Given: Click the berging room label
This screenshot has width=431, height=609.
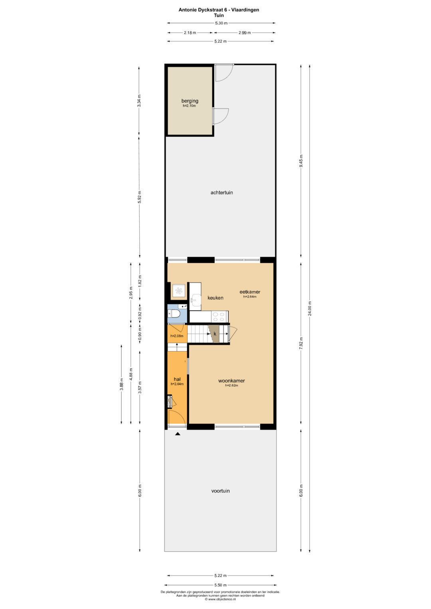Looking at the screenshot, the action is pos(190,101).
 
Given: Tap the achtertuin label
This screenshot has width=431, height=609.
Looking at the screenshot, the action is pos(221,193).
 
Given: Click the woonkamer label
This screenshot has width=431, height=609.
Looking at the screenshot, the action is pos(231,381).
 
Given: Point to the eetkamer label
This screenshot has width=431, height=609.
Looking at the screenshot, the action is pos(250,292).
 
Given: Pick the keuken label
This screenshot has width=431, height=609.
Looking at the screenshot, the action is pos(215,298).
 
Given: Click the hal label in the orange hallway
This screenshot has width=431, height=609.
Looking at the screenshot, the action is pos(177,379).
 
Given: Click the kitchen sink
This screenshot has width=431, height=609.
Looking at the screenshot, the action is pos(195,300).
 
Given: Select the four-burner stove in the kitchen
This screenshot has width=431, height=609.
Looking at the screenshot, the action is pos(219,316).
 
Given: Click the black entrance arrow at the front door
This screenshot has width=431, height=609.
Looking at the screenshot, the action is pos(178,434).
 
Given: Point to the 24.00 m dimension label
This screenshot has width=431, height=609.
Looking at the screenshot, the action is pos(310,308).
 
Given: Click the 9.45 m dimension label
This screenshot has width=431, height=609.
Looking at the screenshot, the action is pos(301,162).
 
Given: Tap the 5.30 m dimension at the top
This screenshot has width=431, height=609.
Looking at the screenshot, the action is pos(221,23).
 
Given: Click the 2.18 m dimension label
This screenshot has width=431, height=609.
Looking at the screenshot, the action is pos(190,33).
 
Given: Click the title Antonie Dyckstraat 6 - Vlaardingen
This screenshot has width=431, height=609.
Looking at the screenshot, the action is pos(219,10).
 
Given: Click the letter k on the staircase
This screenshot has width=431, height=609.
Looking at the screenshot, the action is pos(215,333).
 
